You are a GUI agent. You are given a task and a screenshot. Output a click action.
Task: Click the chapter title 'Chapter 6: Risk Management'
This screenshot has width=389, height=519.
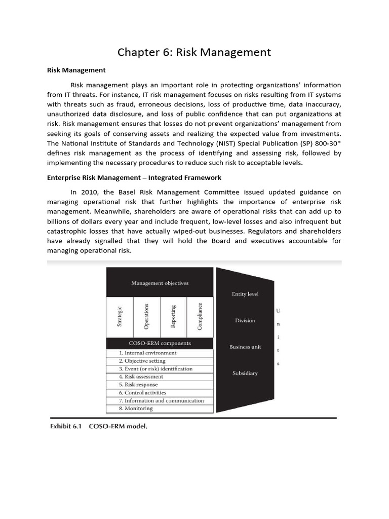(x=194, y=52)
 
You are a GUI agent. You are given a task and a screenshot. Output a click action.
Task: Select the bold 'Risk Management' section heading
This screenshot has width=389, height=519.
(x=76, y=70)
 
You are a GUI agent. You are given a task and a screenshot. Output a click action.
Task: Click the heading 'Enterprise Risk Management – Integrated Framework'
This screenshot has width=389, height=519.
(x=134, y=178)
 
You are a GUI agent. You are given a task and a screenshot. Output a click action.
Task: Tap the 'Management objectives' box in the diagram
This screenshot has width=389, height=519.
(x=160, y=283)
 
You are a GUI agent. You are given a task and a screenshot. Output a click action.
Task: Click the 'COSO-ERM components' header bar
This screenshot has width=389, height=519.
(x=160, y=343)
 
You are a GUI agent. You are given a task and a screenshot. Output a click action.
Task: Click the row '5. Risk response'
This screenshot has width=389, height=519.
(x=138, y=385)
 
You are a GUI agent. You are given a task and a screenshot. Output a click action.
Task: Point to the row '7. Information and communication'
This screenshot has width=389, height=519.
(x=161, y=400)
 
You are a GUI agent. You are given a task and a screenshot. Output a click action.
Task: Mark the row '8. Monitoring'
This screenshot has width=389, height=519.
(x=136, y=408)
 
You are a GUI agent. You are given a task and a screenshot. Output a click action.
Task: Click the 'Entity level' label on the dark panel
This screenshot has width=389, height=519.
(x=245, y=294)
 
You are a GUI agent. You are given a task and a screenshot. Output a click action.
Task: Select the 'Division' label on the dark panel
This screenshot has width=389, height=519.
(x=245, y=320)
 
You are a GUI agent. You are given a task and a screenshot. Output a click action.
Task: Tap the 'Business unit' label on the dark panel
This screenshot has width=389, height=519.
(x=245, y=347)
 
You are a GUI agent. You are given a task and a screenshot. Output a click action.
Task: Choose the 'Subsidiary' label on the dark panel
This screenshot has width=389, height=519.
(x=245, y=373)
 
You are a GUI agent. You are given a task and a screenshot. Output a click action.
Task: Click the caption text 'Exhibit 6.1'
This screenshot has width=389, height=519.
(x=66, y=427)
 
